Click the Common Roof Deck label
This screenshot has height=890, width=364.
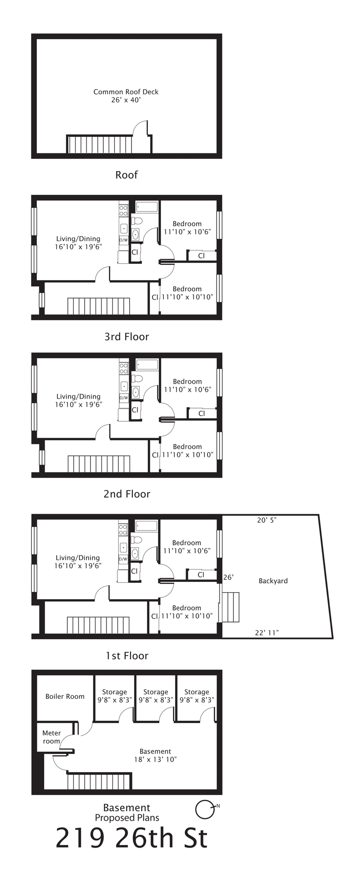(x=126, y=96)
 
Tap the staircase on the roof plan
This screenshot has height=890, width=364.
(x=100, y=144)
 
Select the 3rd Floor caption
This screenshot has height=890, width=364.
(x=127, y=337)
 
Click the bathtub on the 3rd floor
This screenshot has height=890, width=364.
(x=147, y=207)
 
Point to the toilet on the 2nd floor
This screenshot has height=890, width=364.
(x=136, y=379)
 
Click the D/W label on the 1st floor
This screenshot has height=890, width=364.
(x=123, y=559)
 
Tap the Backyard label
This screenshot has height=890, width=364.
(x=273, y=581)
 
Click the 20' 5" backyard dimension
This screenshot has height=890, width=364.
(x=267, y=520)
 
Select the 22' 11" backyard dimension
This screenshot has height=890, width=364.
(x=267, y=632)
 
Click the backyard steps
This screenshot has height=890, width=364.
(x=230, y=607)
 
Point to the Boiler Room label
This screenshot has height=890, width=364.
(x=65, y=696)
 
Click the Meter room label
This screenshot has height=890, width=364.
(x=51, y=737)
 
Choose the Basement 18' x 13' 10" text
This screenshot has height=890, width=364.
(x=155, y=755)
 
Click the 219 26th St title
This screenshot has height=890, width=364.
(x=132, y=838)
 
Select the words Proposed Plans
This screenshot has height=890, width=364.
(x=127, y=818)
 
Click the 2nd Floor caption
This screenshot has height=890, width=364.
(x=127, y=494)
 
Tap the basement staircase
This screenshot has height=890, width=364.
(x=99, y=782)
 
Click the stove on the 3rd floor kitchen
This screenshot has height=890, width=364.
(x=123, y=211)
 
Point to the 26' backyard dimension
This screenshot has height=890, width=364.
(x=228, y=577)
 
